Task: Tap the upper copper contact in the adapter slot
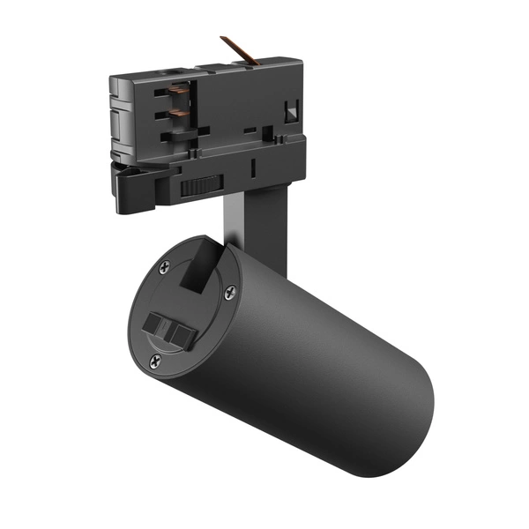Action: coord(181,92)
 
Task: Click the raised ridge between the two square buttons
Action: coord(174,331)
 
